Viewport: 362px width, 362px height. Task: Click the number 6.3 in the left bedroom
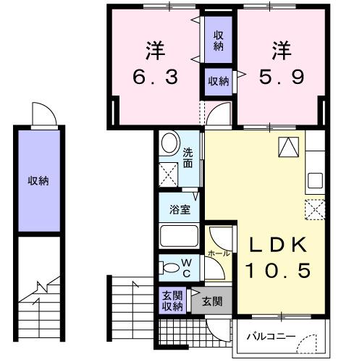(153, 76)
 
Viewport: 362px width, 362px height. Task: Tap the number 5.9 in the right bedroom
(279, 76)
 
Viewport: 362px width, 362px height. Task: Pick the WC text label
(185, 266)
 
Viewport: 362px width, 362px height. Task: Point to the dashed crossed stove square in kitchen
(315, 210)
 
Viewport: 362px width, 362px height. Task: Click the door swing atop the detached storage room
(41, 114)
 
